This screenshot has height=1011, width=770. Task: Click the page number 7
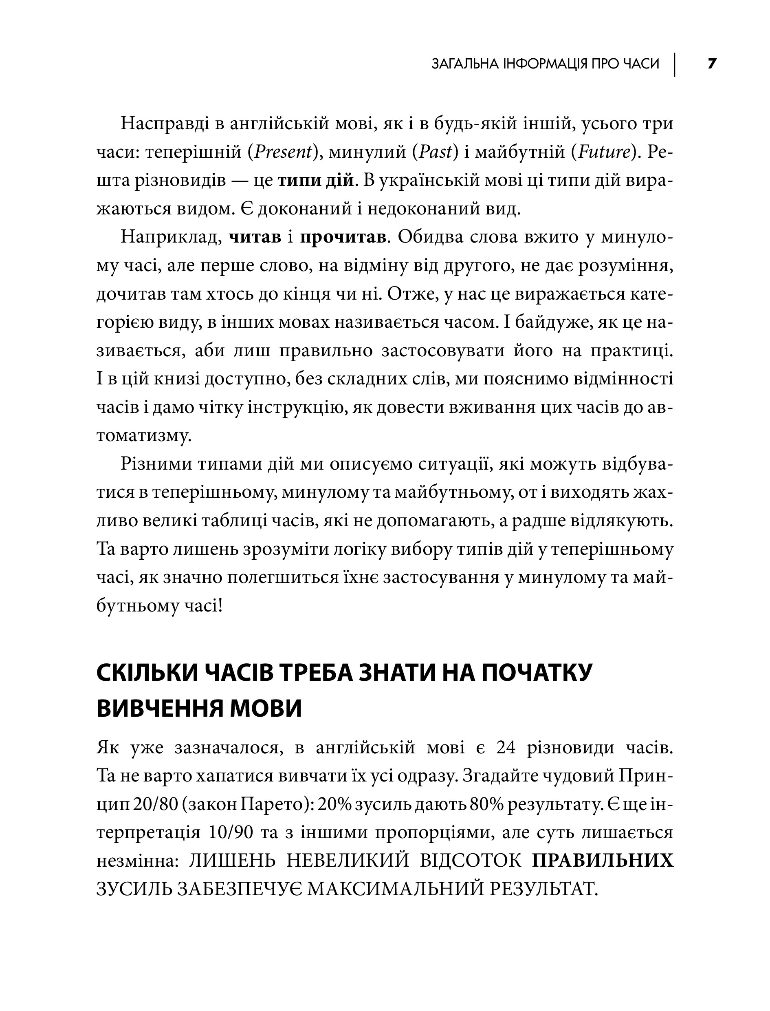tap(711, 64)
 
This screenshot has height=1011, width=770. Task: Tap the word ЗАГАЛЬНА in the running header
tap(459, 64)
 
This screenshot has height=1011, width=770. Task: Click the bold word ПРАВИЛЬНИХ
tap(602, 861)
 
